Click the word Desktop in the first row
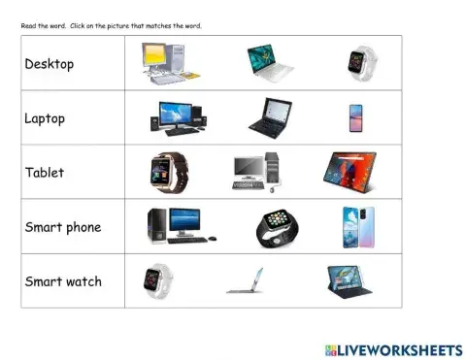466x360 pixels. [x=50, y=65]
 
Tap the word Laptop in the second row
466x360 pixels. [x=46, y=118]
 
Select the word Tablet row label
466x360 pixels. [x=45, y=173]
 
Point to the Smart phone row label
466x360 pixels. [x=63, y=228]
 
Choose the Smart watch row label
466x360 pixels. [x=63, y=282]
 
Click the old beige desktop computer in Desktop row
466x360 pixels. [x=168, y=63]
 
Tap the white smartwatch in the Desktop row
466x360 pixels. [x=357, y=64]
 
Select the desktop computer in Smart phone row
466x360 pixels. [x=179, y=226]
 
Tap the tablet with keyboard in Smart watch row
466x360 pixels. [x=351, y=280]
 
